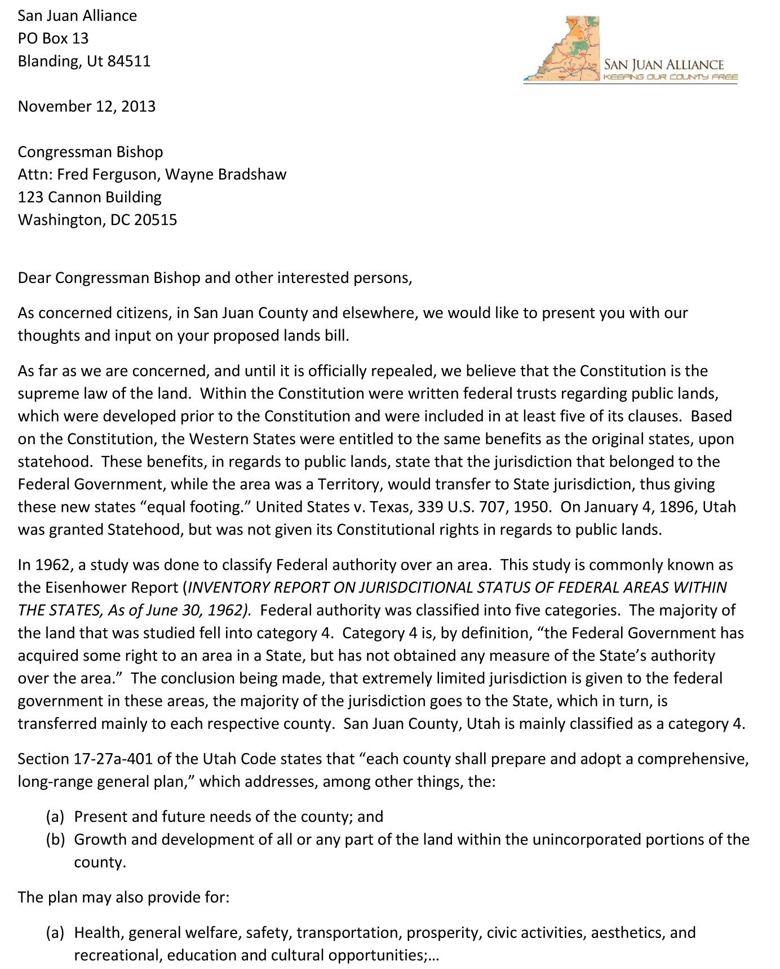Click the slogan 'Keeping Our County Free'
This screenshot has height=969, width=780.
click(x=670, y=77)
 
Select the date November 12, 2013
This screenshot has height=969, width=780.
click(x=86, y=107)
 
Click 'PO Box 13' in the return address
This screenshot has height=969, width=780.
click(x=53, y=38)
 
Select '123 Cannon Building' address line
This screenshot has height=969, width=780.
click(x=90, y=197)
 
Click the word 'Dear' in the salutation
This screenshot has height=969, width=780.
click(x=34, y=278)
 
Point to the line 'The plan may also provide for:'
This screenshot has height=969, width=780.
click(x=123, y=897)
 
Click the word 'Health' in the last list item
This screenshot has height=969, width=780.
click(x=99, y=932)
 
